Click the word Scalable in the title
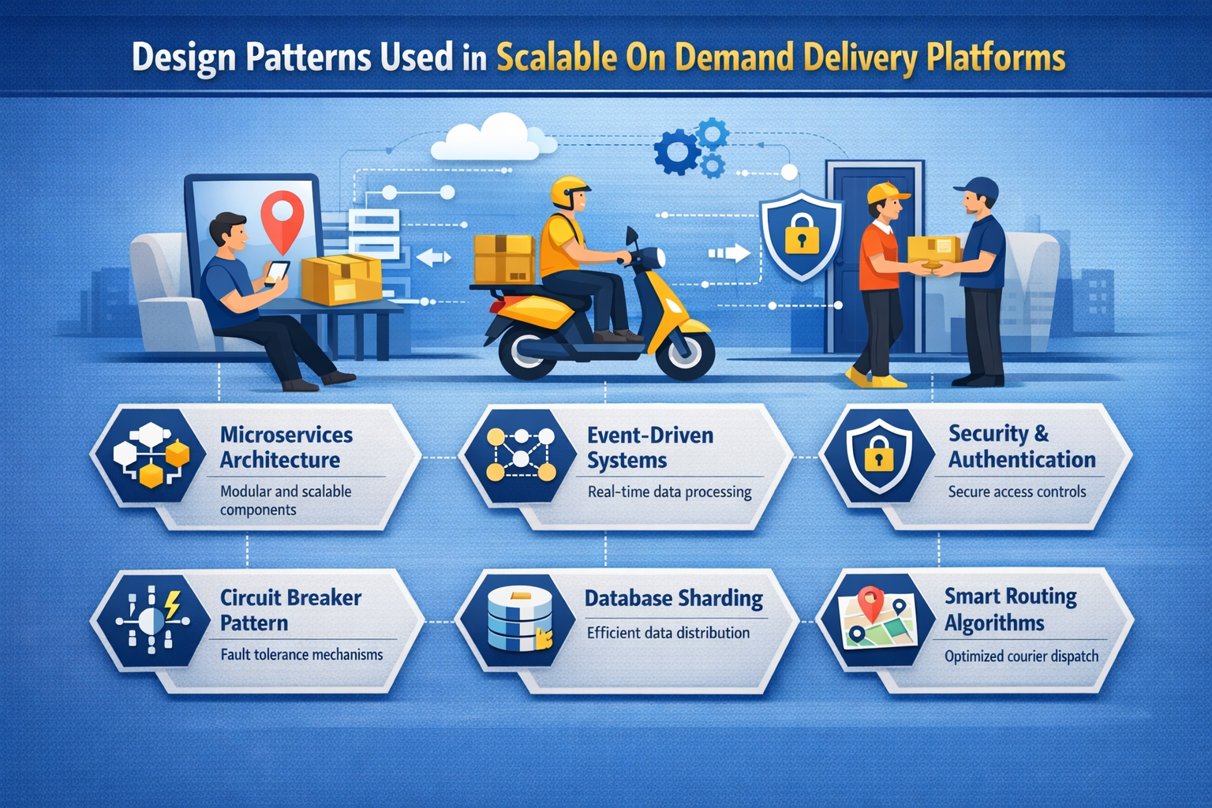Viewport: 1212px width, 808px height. (556, 58)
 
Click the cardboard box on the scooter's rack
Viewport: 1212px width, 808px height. (504, 259)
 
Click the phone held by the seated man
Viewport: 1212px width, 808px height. (276, 271)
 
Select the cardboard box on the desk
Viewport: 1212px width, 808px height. (341, 279)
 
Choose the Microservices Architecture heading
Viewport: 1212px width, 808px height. (286, 447)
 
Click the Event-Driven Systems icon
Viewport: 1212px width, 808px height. (521, 456)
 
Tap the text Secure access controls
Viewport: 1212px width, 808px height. (1016, 492)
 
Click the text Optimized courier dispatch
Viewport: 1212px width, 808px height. (1021, 656)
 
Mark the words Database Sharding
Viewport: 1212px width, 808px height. (673, 599)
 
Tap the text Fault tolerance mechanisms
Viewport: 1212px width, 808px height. (301, 654)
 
